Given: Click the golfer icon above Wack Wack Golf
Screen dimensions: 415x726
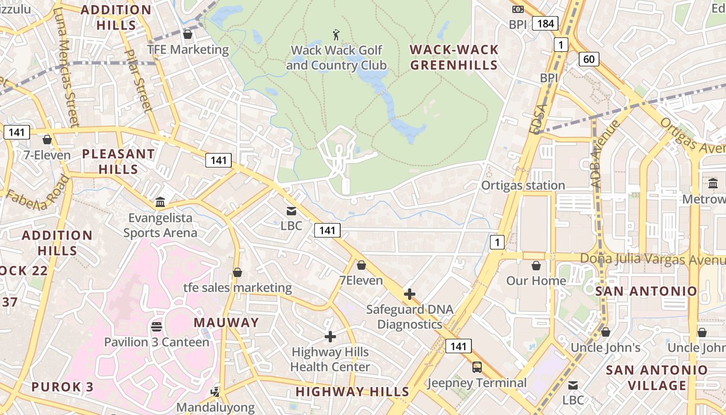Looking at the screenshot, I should tap(336, 35).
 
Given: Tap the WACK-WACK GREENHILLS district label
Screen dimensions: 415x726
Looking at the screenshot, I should tap(454, 57).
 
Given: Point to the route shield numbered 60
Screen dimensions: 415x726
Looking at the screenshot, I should tap(589, 59).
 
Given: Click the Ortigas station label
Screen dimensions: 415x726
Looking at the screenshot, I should tap(523, 185).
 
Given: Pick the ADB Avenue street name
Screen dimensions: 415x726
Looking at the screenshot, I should tap(604, 146).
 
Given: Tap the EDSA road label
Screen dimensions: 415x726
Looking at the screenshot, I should tap(539, 119).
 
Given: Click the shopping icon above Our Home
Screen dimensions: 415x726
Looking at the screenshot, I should tap(536, 266).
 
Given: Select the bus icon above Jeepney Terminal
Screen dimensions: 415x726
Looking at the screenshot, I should tap(477, 367).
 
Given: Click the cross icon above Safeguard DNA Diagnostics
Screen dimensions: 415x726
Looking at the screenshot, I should tap(409, 294).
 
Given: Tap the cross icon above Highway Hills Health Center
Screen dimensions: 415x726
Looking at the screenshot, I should tap(330, 337).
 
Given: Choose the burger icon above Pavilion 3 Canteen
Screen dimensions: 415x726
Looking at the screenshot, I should tap(157, 327).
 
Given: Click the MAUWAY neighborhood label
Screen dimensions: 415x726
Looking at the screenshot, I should tap(226, 323).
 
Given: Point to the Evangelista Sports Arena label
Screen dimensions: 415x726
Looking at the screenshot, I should tap(160, 225).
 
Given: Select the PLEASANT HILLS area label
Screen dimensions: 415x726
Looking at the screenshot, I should tap(118, 161).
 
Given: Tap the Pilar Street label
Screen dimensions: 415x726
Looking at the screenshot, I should tap(138, 80).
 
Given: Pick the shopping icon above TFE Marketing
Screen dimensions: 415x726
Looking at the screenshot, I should tap(188, 34).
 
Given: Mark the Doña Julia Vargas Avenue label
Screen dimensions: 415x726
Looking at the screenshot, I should tap(652, 259).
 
